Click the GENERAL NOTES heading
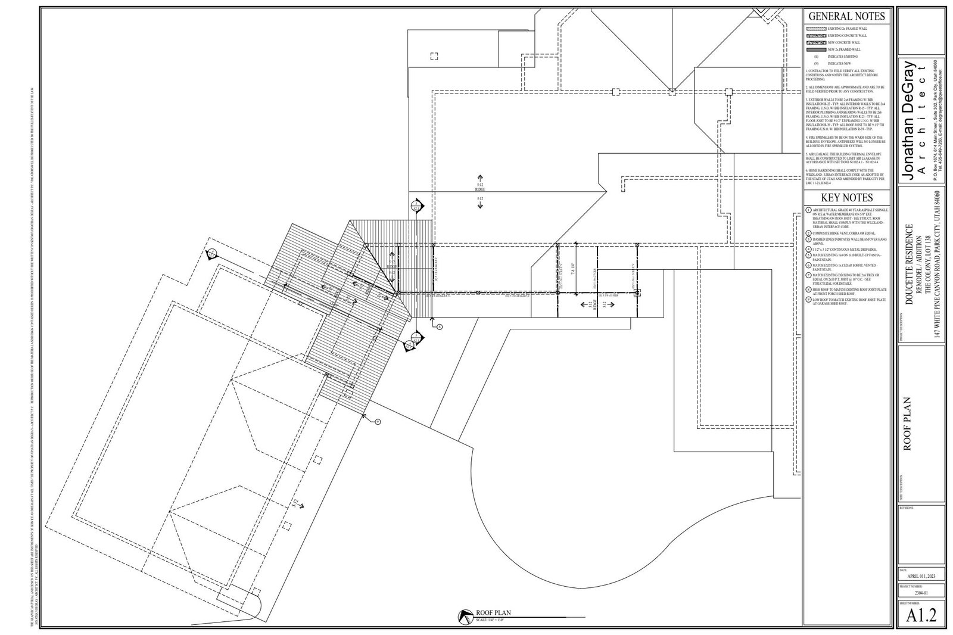(846, 17)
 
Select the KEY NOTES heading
(846, 198)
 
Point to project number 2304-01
(921, 593)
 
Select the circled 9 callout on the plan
(378, 422)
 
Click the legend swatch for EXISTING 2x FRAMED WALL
(815, 29)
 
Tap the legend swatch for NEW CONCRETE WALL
(815, 43)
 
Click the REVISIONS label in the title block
(906, 508)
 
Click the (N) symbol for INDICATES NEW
(814, 63)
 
